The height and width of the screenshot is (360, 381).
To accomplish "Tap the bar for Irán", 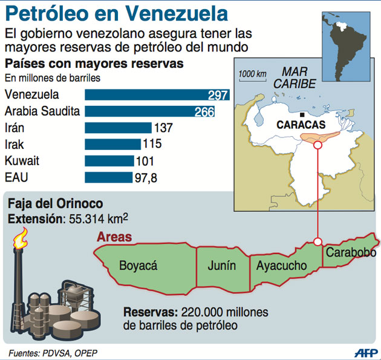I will pyautogui.click(x=118, y=128).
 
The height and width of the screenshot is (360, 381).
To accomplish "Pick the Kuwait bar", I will pyautogui.click(x=109, y=161).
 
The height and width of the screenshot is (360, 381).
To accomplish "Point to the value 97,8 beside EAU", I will pyautogui.click(x=146, y=177).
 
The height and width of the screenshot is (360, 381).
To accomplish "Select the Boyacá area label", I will pyautogui.click(x=138, y=265).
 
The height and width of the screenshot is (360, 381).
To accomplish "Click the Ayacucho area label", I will pyautogui.click(x=281, y=266).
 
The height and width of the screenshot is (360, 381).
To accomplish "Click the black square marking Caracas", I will pyautogui.click(x=301, y=114).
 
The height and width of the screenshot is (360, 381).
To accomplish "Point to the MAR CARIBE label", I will pyautogui.click(x=295, y=78).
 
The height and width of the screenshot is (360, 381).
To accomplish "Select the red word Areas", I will pyautogui.click(x=114, y=237).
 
